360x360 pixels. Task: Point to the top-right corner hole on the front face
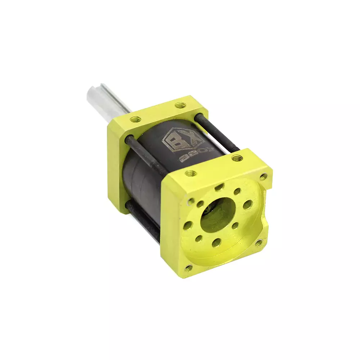pos(264,176)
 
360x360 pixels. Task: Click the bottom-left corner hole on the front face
pos(188,267)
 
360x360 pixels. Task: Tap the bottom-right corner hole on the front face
pos(258,243)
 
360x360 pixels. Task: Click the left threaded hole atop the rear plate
pos(135,119)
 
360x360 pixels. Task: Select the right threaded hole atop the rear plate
pos(180,106)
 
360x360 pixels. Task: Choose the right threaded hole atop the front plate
pos(236,158)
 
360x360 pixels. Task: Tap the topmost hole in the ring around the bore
pos(219,187)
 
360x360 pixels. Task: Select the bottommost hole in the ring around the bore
pos(216,243)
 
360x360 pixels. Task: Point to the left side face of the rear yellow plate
pos(117,169)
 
